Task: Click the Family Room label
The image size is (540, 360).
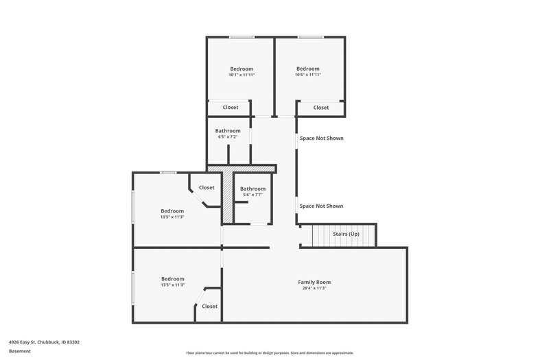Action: (314, 283)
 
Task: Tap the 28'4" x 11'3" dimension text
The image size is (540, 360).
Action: (314, 289)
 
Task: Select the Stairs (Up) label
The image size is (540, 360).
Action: (346, 234)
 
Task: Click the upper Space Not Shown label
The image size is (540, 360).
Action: (321, 138)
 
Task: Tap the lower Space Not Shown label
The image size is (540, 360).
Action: (321, 206)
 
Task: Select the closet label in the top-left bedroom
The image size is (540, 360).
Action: (231, 108)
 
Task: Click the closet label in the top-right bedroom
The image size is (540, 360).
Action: (321, 108)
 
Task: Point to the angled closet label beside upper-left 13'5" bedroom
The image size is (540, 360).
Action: (207, 188)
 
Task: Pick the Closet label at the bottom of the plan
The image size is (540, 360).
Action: (209, 307)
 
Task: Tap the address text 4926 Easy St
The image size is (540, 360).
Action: (22, 342)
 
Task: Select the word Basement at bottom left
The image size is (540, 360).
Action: (20, 351)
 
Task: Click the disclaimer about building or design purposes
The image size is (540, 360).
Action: (270, 352)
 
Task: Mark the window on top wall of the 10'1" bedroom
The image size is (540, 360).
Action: (242, 37)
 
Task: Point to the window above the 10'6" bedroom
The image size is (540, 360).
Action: (311, 37)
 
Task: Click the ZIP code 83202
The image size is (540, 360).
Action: (73, 342)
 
